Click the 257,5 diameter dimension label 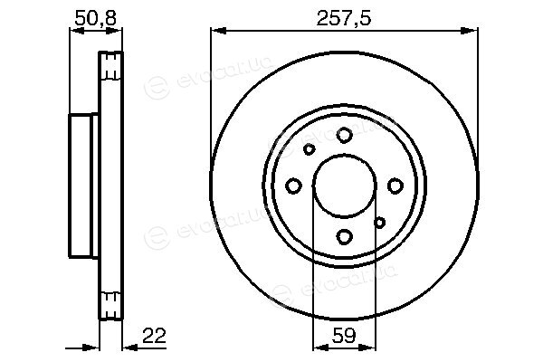point(344,18)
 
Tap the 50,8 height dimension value point(96,18)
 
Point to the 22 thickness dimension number point(154,336)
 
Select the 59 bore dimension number point(344,336)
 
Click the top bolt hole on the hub point(345,135)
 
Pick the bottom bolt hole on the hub point(345,237)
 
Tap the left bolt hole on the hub point(293,186)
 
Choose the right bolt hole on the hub point(395,186)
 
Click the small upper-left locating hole point(309,149)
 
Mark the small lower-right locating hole point(380,223)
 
